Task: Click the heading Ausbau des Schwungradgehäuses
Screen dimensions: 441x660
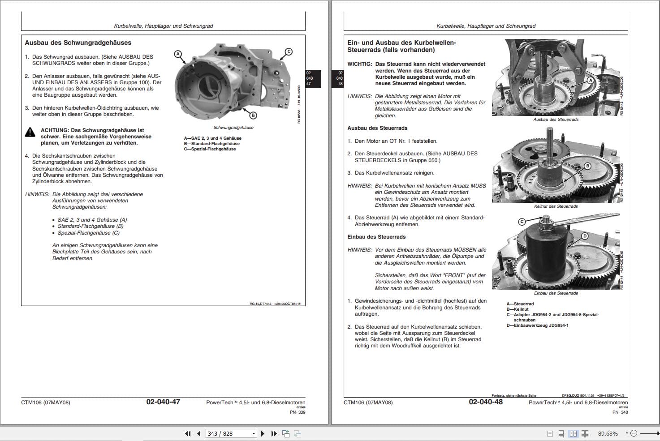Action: tap(78, 43)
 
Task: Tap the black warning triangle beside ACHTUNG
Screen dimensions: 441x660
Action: tap(30, 132)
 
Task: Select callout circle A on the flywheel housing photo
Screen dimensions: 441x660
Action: tap(178, 54)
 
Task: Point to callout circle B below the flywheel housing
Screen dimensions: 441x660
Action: tap(253, 116)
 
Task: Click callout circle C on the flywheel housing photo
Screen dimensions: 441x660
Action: tap(289, 51)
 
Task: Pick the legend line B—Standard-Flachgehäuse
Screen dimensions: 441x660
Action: tap(211, 144)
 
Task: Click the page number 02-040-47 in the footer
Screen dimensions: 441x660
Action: tap(163, 402)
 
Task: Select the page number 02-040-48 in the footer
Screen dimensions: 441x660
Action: tap(486, 402)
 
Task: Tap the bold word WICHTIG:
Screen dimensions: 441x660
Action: tap(359, 64)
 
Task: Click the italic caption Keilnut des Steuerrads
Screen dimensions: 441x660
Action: tap(556, 206)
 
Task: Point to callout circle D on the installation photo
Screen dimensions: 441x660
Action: tap(585, 236)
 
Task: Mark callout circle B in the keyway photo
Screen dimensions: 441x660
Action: tap(587, 166)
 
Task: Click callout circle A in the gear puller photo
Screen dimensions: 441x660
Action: tap(590, 81)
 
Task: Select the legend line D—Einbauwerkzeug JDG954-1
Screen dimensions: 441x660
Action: tap(537, 325)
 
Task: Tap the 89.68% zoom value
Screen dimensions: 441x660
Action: tap(608, 433)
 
